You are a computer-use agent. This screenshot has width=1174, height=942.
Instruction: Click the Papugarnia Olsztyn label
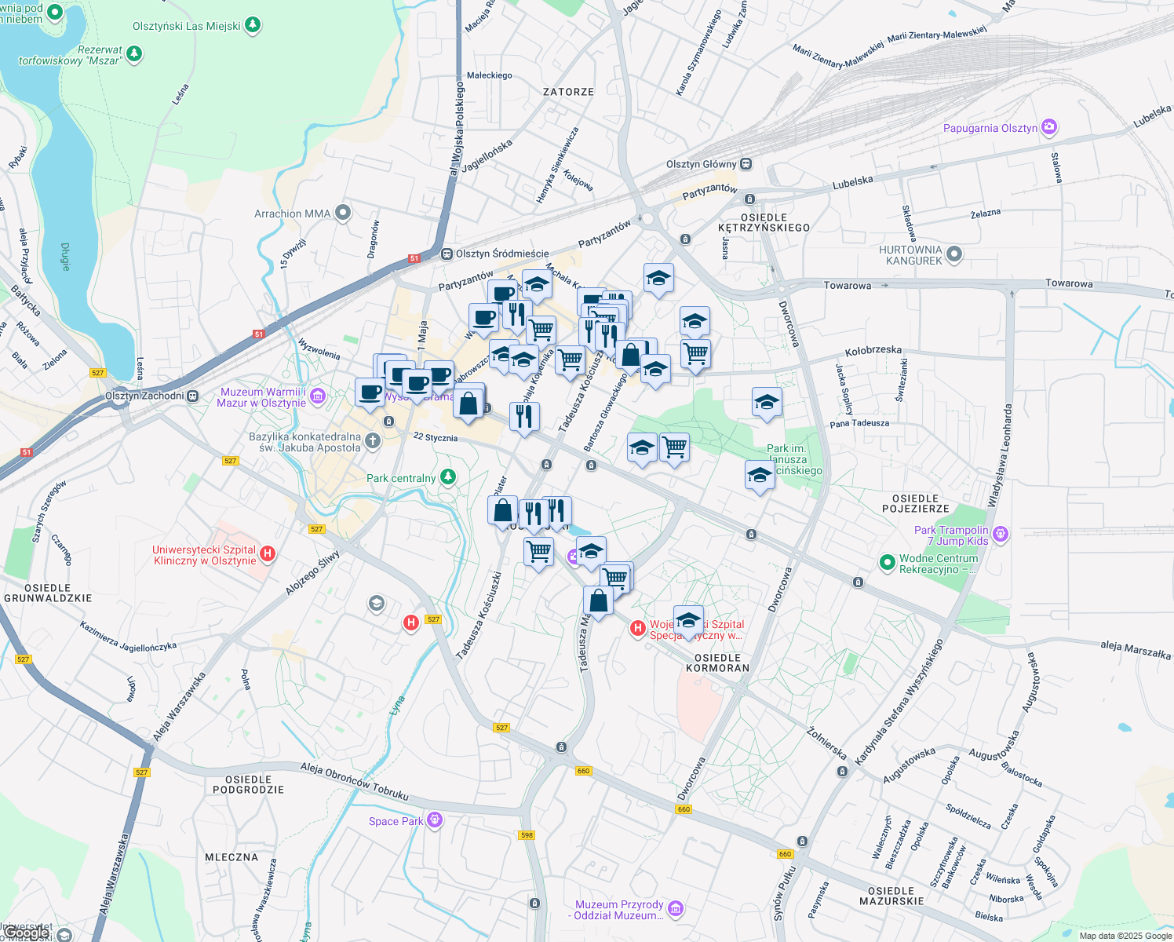point(990,128)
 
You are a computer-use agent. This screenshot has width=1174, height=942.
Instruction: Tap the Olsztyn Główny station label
point(701,164)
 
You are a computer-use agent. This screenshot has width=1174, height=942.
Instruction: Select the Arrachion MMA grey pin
point(342,213)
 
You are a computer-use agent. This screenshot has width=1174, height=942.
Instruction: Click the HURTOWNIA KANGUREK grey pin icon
point(954,254)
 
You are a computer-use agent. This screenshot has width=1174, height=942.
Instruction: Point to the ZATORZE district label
point(568,92)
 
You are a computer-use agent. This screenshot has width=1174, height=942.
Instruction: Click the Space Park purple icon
point(435,820)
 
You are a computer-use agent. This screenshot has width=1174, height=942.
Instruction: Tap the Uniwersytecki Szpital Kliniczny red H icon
point(268,554)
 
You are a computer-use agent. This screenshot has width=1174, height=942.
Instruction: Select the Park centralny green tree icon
point(447,477)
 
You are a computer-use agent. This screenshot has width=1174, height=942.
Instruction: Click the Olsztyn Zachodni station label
point(144,396)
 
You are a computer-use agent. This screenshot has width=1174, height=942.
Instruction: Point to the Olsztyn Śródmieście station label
point(502,254)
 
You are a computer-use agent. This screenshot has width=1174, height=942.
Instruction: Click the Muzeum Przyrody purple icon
point(676,909)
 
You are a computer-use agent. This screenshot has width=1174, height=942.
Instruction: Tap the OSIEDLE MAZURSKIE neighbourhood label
point(891,896)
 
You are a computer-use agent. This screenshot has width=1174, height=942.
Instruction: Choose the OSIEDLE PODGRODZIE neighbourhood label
point(248,784)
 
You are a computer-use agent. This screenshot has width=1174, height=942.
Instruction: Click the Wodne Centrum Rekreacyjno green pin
point(887,562)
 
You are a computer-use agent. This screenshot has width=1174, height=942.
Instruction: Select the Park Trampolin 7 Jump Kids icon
point(1000,535)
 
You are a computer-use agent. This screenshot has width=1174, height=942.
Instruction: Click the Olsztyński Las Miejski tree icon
point(252,26)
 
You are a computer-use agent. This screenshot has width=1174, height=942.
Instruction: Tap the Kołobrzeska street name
point(873,351)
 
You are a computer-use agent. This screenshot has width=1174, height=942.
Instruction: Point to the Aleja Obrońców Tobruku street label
point(354,780)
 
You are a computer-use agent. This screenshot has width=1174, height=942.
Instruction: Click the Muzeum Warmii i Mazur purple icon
point(318,396)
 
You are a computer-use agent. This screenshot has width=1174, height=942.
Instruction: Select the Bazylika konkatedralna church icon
point(373,441)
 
